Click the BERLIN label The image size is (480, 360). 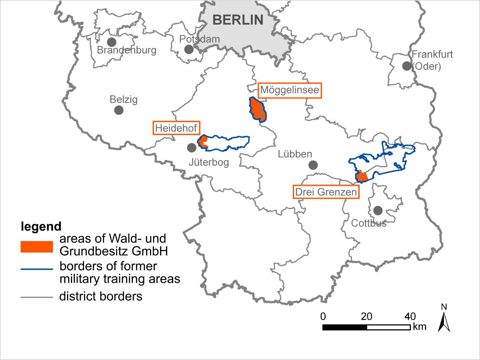pos(238,20)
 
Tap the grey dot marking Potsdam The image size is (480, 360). pos(189,49)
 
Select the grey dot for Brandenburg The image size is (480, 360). pos(112,42)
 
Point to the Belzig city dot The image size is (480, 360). pos(119,110)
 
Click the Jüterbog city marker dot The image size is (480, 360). pos(192,148)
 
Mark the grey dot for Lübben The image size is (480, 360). pos(313,165)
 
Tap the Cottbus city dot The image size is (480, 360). pos(378,211)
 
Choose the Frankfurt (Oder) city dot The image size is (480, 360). pos(407,66)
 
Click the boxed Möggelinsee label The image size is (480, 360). pos(290,90)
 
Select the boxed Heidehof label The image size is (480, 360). pos(176,128)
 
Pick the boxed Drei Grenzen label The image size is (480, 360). pos(326,192)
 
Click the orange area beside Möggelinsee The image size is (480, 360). pos(258,110)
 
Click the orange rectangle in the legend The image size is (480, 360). pos(37,247)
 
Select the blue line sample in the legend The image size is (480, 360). pos(37,269)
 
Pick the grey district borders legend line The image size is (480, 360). pos(37,297)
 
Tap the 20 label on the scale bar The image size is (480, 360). pos(366,316)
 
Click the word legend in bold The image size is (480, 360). pos(41,226)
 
